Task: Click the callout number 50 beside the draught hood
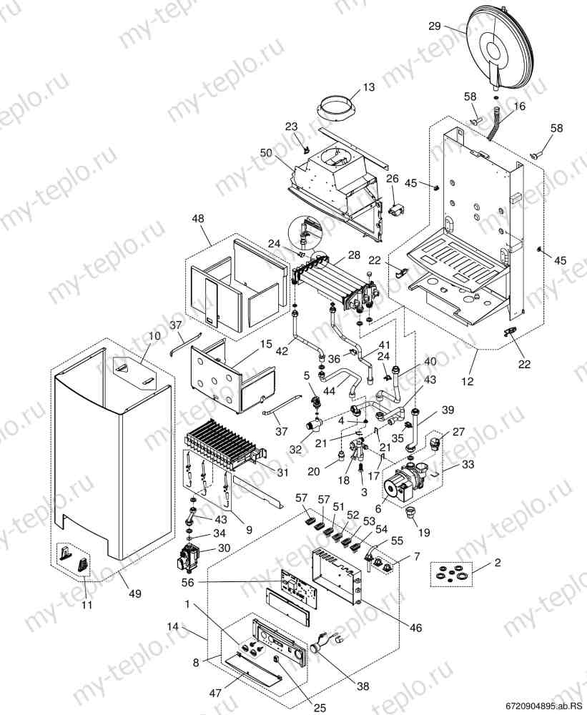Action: [267, 153]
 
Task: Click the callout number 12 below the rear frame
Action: [468, 382]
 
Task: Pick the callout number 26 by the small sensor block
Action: [392, 178]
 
